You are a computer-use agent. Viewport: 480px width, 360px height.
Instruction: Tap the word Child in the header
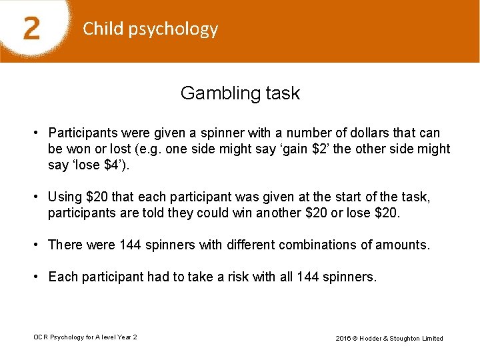102,29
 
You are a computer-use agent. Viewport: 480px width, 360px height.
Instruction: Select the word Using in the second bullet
65,198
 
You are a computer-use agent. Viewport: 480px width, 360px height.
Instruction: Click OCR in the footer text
41,337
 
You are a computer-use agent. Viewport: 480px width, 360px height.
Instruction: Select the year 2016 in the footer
344,338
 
